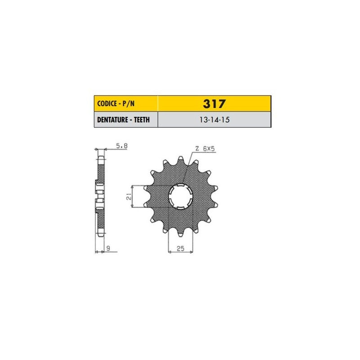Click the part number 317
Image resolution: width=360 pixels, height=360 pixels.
point(214,104)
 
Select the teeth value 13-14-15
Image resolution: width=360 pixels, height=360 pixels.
point(215,120)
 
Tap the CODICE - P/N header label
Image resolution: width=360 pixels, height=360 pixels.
point(116,104)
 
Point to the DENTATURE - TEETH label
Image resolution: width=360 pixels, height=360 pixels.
point(123,120)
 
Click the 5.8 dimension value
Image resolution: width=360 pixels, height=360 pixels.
point(121,146)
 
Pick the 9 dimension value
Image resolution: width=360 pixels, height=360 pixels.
point(108,248)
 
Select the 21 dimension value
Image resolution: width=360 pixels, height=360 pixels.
point(129,196)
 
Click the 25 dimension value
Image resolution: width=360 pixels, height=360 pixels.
point(180,248)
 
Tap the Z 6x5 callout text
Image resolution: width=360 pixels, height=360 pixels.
point(205,149)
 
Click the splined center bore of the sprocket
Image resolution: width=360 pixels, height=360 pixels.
point(181,196)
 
